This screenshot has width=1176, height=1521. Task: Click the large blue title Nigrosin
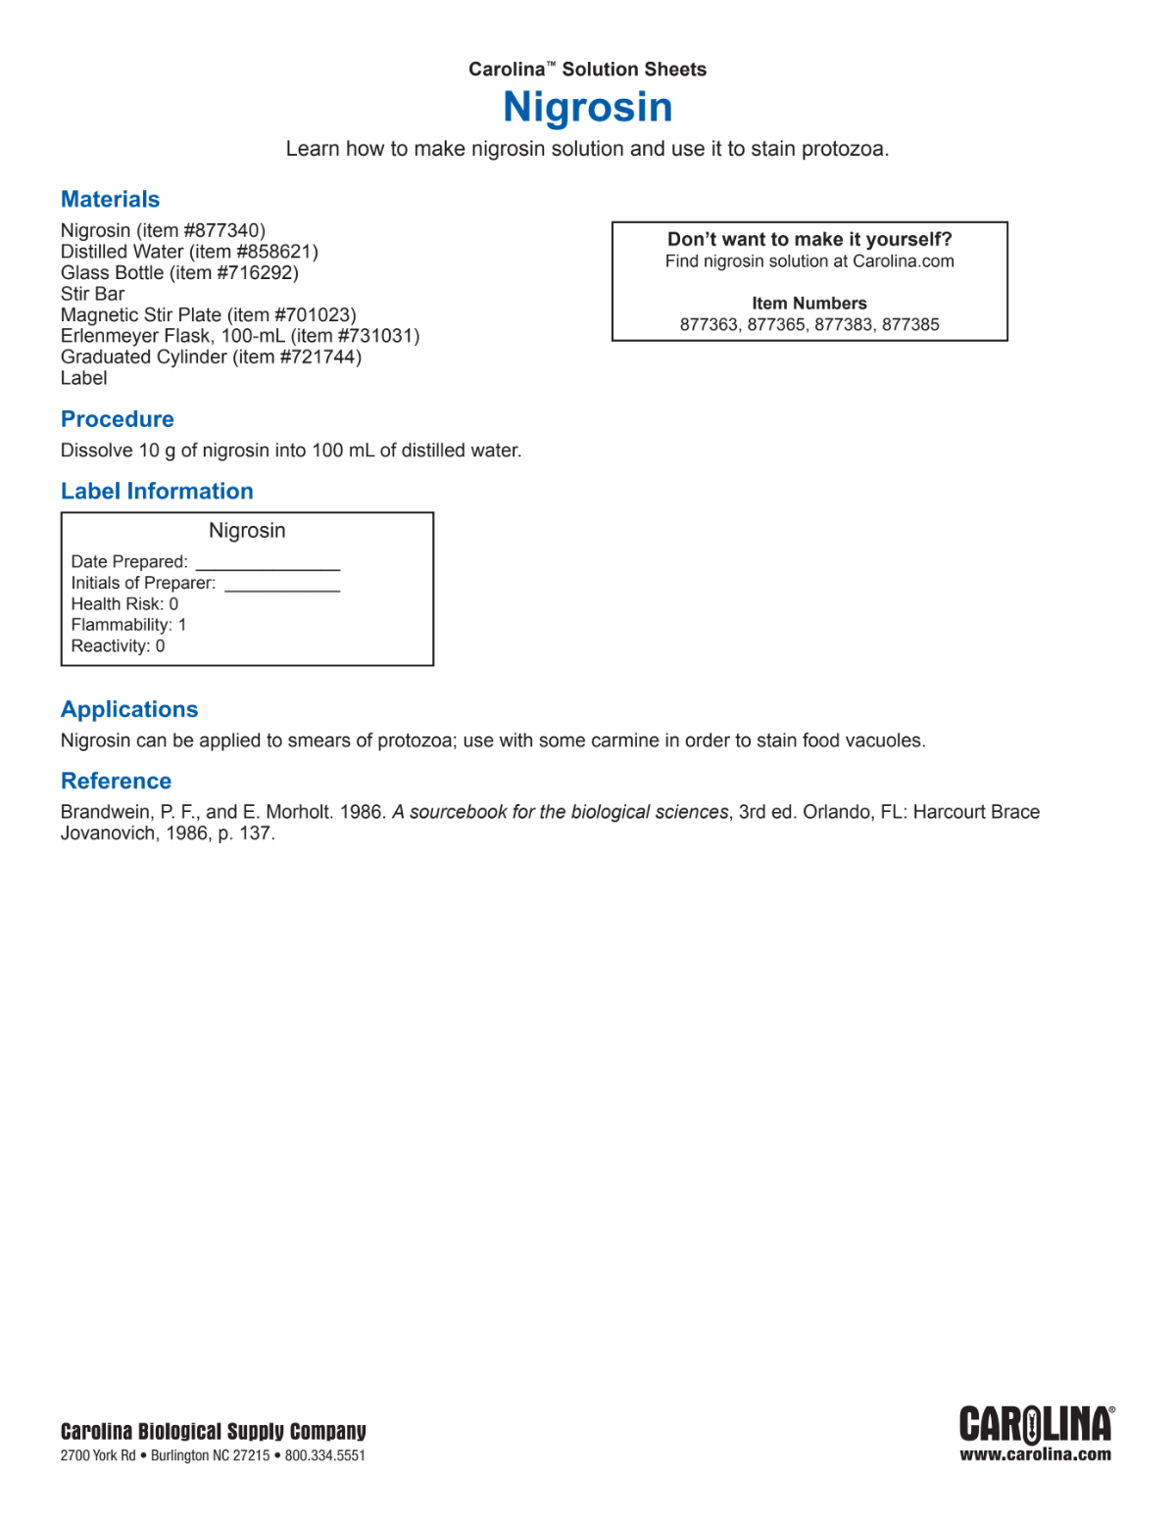tap(588, 107)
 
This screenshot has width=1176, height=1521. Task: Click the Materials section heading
tap(110, 199)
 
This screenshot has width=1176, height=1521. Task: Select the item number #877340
tap(223, 230)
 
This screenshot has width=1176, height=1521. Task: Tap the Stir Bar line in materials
tap(92, 294)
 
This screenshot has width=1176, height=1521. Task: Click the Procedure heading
tap(118, 419)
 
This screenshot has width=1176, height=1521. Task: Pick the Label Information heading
tap(157, 491)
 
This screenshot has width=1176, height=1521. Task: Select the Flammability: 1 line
tap(128, 625)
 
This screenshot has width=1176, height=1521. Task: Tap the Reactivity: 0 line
tap(118, 646)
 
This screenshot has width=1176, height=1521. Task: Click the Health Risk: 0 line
tap(124, 604)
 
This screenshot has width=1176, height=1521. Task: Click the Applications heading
tap(129, 709)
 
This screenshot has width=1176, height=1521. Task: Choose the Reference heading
tap(116, 781)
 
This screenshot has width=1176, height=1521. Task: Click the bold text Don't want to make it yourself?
tap(809, 239)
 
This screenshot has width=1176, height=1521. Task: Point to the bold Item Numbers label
tap(809, 304)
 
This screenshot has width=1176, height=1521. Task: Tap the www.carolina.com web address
tap(1036, 1454)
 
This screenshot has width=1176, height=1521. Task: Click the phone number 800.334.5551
tap(325, 1455)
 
